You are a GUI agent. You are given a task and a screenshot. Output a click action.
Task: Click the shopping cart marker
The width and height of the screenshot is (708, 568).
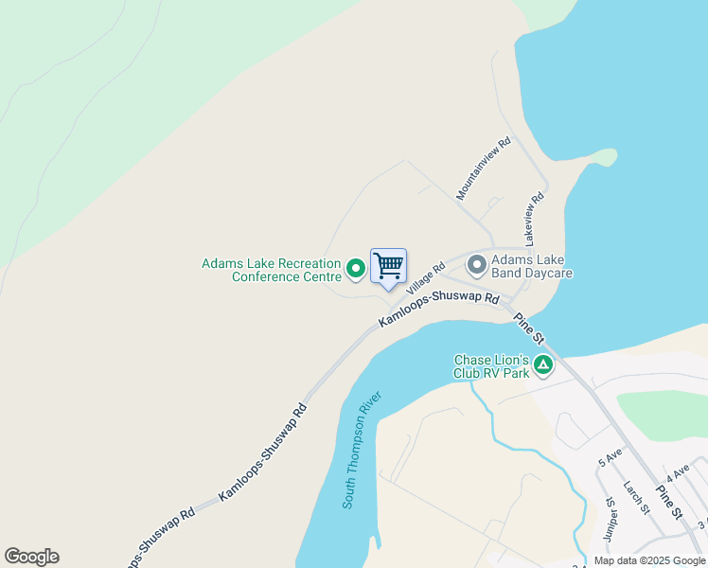[x=389, y=266]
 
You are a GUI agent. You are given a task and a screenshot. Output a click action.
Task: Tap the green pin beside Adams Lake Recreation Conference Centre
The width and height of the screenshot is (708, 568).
[x=356, y=270]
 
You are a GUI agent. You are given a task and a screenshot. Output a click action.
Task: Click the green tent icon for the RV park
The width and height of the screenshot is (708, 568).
[x=542, y=364]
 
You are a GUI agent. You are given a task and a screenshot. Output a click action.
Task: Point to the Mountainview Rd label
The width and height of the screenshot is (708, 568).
[x=483, y=168]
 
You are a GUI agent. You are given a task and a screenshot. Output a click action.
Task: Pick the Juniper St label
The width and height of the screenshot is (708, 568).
[x=613, y=520]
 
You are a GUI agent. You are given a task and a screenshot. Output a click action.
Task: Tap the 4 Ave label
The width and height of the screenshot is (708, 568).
[x=677, y=471]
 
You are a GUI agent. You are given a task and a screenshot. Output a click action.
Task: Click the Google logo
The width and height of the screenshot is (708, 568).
[x=31, y=557]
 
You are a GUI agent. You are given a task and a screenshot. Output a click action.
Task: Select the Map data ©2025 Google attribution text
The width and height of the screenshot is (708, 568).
[x=649, y=560]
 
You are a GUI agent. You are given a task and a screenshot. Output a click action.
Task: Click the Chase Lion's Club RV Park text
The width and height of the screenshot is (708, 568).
[x=491, y=365]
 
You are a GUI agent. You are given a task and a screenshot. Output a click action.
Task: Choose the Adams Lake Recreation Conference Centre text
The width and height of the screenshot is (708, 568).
[x=272, y=270]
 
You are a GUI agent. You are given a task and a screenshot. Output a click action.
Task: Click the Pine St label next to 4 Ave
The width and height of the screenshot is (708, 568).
[x=668, y=501]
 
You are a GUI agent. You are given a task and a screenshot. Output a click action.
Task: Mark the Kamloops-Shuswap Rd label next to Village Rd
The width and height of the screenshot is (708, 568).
[x=438, y=310]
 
